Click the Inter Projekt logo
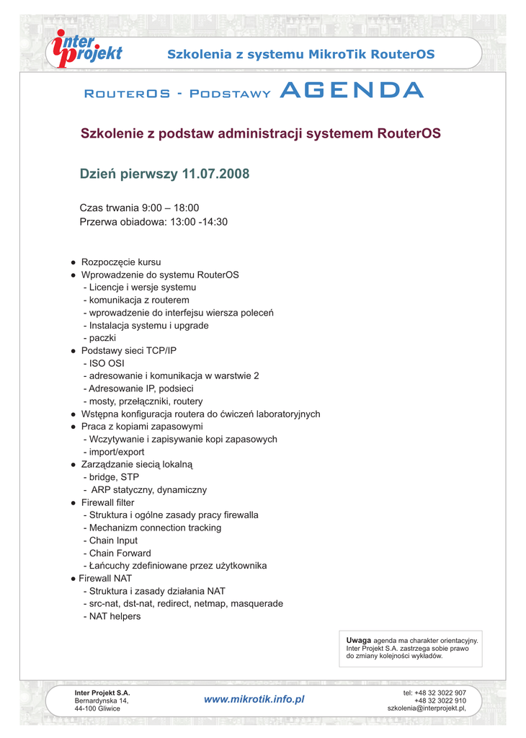(x=85, y=48)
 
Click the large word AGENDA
(x=351, y=91)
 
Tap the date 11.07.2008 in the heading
(x=215, y=174)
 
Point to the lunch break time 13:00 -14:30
(x=199, y=222)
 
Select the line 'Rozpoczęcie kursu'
(x=121, y=262)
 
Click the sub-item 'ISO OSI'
(x=107, y=363)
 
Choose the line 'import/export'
(x=117, y=452)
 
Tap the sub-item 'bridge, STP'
(x=114, y=477)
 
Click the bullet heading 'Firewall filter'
(x=107, y=502)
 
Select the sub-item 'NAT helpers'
(x=115, y=616)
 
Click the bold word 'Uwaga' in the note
(x=358, y=640)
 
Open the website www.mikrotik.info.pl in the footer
(x=254, y=699)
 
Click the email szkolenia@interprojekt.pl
(x=427, y=708)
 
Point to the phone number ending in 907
(x=434, y=693)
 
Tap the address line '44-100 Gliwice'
(x=97, y=708)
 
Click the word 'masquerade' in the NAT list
(x=257, y=603)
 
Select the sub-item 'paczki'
(x=102, y=338)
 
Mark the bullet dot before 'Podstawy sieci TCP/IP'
(x=73, y=351)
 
